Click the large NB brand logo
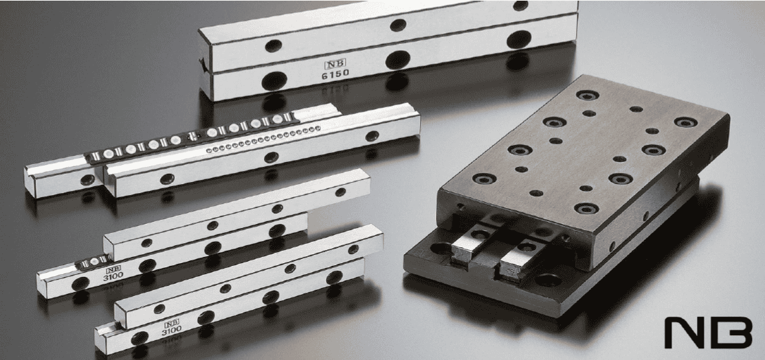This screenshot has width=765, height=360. tap(709, 333)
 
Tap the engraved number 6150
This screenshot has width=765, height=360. tap(335, 74)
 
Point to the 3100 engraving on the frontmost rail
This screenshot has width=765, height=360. tap(170, 329)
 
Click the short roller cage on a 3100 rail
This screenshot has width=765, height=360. tap(93, 262)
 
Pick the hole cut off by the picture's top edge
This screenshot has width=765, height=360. tap(520, 5)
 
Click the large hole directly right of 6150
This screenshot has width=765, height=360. tap(398, 60)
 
